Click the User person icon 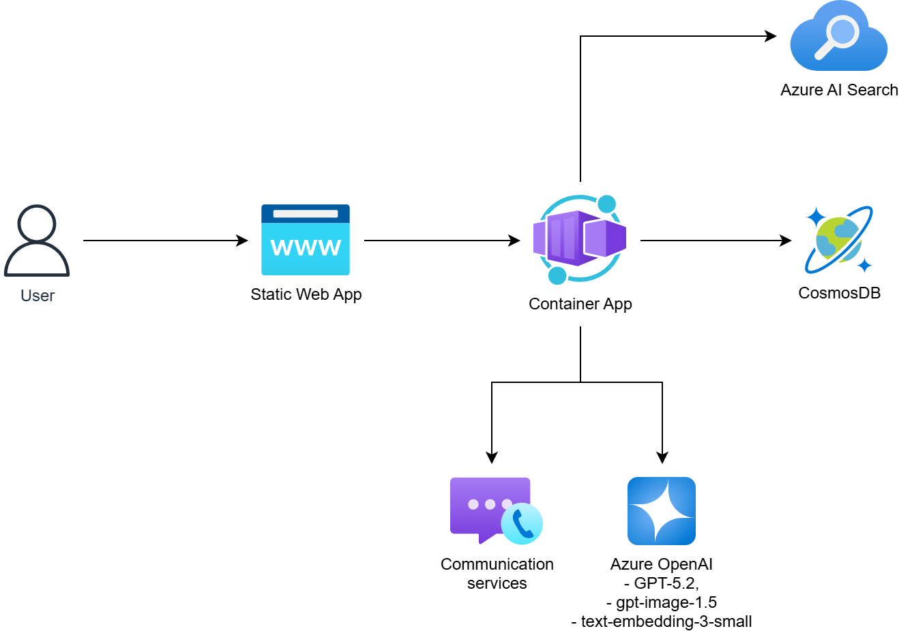[37, 240]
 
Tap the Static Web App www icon [306, 240]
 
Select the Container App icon [580, 239]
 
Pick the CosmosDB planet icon [838, 240]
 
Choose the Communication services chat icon [496, 511]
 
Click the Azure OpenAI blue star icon [662, 511]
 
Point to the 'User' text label [38, 296]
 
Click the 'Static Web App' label [306, 294]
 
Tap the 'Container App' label [580, 304]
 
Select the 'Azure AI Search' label [839, 90]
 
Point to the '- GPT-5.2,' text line [662, 583]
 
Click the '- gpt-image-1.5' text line [662, 602]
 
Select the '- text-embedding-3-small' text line [662, 621]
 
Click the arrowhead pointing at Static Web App [242, 241]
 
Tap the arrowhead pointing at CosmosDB [786, 241]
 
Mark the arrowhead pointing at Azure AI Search [771, 36]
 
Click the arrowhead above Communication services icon [492, 458]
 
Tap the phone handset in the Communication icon [522, 525]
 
